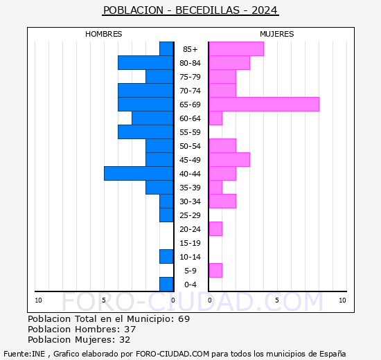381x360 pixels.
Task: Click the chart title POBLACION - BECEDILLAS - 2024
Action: [x=190, y=10]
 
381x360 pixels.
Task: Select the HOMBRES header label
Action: [x=103, y=34]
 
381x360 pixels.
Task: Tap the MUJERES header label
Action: [x=276, y=34]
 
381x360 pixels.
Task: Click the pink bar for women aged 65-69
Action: [x=263, y=104]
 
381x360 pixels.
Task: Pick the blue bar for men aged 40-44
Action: [x=139, y=173]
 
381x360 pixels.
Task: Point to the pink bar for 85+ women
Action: [x=236, y=48]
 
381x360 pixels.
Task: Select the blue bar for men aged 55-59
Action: [x=145, y=132]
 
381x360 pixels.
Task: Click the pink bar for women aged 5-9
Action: [x=215, y=270]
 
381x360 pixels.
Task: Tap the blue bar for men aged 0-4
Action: [x=166, y=284]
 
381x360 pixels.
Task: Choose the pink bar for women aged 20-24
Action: [x=215, y=228]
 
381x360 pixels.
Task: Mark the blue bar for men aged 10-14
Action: [x=166, y=256]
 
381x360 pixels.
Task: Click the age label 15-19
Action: [x=190, y=243]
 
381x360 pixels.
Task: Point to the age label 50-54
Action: [x=190, y=146]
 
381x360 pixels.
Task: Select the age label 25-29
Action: [x=190, y=215]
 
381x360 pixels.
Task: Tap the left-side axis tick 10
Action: [x=38, y=300]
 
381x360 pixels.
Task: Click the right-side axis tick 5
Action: [x=276, y=300]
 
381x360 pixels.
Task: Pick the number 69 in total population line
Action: [x=184, y=318]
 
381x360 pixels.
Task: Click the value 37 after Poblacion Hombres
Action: [x=130, y=329]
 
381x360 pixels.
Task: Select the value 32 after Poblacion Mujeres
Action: [x=124, y=339]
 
